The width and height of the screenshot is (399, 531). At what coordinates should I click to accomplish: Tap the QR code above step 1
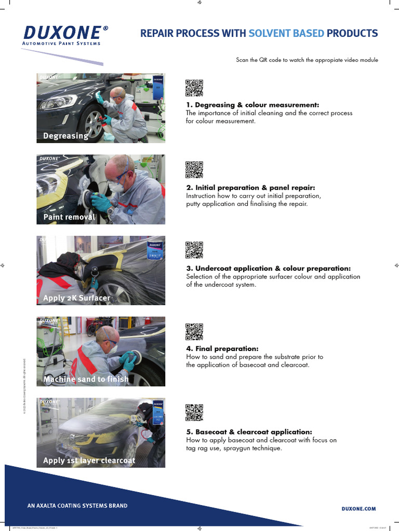[194, 89]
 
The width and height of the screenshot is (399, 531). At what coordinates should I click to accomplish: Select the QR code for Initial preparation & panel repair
[194, 170]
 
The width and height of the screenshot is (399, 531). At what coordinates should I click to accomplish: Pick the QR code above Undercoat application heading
[194, 250]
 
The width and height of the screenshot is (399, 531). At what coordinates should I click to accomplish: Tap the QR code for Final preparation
[194, 331]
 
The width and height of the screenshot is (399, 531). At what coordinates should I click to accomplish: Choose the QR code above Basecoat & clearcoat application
[194, 412]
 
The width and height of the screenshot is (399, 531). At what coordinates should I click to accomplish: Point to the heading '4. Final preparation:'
[222, 348]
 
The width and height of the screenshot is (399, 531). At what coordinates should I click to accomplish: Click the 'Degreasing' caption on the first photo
[65, 136]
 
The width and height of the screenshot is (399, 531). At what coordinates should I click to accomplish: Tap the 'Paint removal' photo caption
[69, 217]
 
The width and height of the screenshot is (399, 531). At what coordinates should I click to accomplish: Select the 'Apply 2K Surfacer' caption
[76, 298]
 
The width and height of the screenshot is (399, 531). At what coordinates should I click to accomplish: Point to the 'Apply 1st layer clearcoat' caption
[89, 460]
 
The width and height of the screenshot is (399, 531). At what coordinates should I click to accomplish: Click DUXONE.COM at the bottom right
[358, 509]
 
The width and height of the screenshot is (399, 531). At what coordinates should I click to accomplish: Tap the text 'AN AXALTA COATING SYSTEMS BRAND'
[77, 506]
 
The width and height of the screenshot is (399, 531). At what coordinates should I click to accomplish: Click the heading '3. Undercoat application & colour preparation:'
[268, 268]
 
